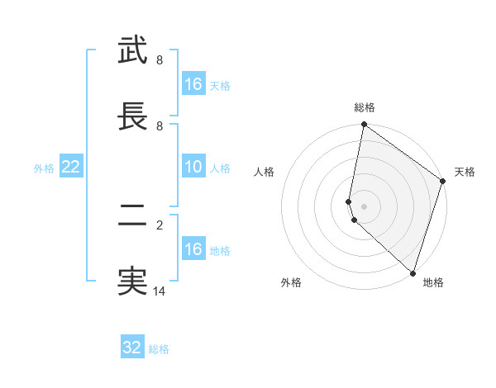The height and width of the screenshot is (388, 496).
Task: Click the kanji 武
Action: click(132, 51)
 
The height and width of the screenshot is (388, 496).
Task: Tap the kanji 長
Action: click(132, 117)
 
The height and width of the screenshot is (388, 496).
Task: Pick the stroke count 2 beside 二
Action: click(160, 225)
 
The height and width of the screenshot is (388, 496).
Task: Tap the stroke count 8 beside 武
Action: click(160, 60)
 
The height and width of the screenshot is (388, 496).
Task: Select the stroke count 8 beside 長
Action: click(160, 126)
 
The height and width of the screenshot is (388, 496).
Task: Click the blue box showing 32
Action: click(132, 348)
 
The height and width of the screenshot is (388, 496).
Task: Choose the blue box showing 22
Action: click(71, 168)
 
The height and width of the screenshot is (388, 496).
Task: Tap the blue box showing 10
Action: click(193, 168)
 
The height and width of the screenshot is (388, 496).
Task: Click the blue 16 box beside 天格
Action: click(193, 84)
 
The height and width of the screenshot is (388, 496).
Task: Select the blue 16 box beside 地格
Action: click(193, 249)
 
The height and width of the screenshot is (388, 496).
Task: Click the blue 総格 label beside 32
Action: click(159, 349)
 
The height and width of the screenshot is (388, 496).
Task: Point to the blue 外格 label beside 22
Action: click(44, 168)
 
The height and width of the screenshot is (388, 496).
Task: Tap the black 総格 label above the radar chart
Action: click(365, 107)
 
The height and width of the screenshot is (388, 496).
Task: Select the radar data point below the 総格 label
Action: click(364, 125)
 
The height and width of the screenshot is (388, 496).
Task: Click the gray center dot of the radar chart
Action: click(364, 206)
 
